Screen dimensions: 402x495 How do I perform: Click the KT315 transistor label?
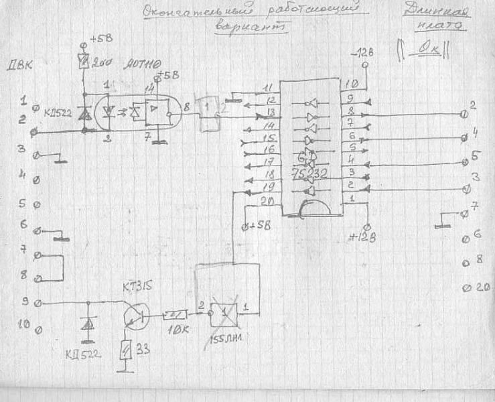coord(137,289)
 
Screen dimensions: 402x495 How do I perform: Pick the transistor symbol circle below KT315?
coord(136,314)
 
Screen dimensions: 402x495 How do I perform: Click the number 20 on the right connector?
coord(484,287)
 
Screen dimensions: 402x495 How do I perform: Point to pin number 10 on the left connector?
coord(22,325)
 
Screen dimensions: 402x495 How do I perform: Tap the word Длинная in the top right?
coord(438,11)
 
